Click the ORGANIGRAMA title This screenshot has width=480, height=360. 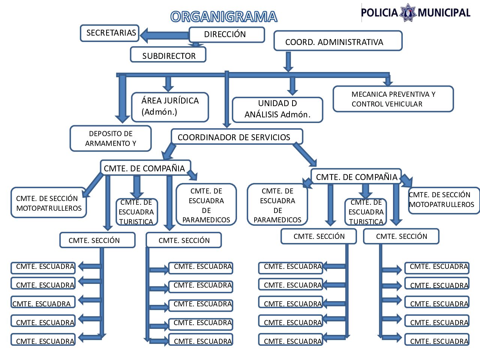tap(223, 17)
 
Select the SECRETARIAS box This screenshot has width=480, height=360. tap(109, 33)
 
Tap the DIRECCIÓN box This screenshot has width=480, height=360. tap(226, 34)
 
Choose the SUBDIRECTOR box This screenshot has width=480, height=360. tap(168, 55)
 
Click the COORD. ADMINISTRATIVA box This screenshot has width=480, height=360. tap(337, 41)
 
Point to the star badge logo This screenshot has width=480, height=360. tap(408, 13)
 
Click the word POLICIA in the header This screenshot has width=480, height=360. tap(379, 13)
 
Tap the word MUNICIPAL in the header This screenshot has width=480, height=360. tap(444, 13)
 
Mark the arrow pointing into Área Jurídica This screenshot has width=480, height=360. tap(168, 84)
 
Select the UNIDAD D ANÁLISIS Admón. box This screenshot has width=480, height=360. tap(277, 109)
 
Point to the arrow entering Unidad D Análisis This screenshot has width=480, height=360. tap(292, 86)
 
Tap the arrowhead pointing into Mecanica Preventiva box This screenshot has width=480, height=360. tap(388, 81)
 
